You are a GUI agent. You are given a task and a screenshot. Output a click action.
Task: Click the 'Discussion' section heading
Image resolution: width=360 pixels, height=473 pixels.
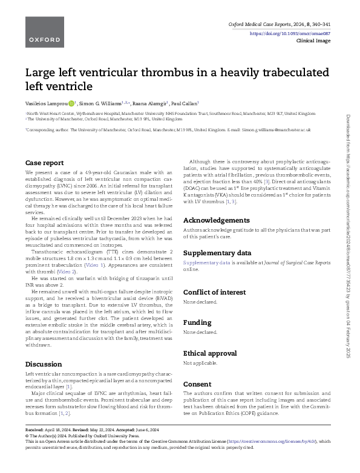pos(44,364)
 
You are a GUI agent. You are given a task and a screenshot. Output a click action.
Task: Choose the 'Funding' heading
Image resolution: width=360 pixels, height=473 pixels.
pos(197,322)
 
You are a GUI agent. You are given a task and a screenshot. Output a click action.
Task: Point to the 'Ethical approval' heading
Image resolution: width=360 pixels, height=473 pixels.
pos(210,353)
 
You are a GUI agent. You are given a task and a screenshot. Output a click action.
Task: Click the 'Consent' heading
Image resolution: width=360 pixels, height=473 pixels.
pos(197,383)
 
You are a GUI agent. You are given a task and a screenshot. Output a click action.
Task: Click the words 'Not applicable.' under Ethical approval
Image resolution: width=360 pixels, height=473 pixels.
pos(200,364)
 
